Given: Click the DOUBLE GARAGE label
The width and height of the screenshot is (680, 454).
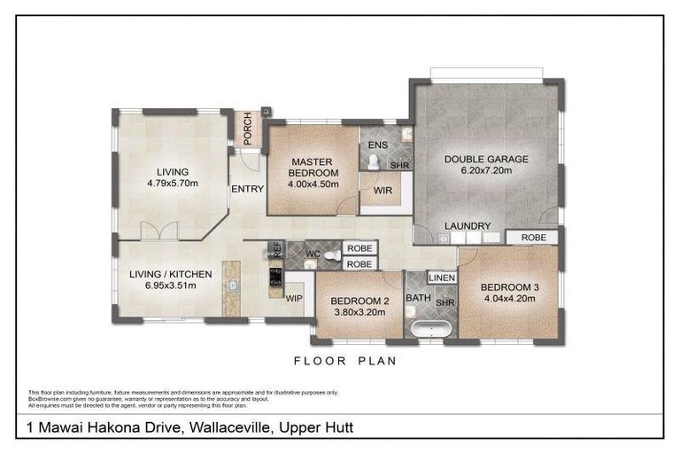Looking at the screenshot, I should [x=486, y=160].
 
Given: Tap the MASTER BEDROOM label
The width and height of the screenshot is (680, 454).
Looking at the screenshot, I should [x=311, y=167].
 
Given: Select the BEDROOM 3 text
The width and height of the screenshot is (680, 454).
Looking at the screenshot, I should [x=510, y=287].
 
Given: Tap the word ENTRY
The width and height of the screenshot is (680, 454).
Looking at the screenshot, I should [x=247, y=189].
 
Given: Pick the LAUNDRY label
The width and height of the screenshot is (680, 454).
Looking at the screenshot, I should [x=467, y=226].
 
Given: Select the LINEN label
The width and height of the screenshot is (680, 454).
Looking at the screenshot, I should [x=442, y=278].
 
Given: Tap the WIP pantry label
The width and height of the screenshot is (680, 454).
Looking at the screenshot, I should [x=294, y=299].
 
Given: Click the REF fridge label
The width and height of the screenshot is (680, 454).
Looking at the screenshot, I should [x=275, y=250].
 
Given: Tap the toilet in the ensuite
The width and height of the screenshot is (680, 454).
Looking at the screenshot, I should [x=374, y=162].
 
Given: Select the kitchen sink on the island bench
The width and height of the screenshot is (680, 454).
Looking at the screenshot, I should [x=233, y=286].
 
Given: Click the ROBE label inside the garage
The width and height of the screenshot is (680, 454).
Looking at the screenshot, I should [x=533, y=238].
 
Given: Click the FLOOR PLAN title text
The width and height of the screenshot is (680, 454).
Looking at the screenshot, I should [x=345, y=361].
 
